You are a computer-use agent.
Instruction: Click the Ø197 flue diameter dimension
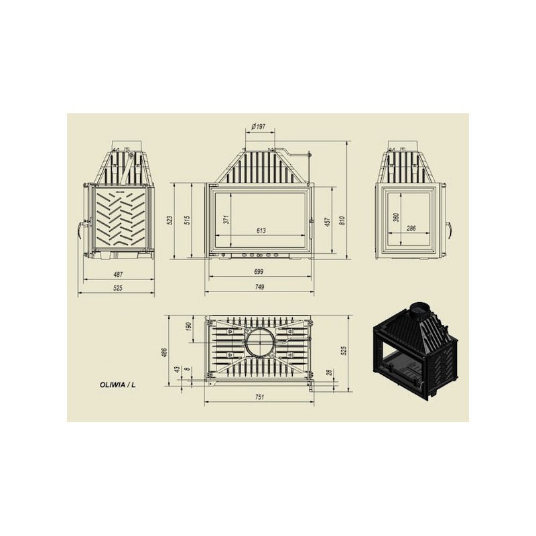coord(259,127)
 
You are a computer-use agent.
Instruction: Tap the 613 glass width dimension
coord(261,230)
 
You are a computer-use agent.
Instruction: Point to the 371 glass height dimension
coord(226,219)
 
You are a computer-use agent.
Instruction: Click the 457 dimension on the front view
coord(327,222)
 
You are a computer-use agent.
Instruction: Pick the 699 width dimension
coord(259,272)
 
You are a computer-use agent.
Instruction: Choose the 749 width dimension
coord(259,287)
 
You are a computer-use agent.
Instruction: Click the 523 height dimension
coord(170,220)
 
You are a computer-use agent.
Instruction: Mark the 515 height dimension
coord(187,220)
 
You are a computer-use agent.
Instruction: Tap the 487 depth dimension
coord(118,274)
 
